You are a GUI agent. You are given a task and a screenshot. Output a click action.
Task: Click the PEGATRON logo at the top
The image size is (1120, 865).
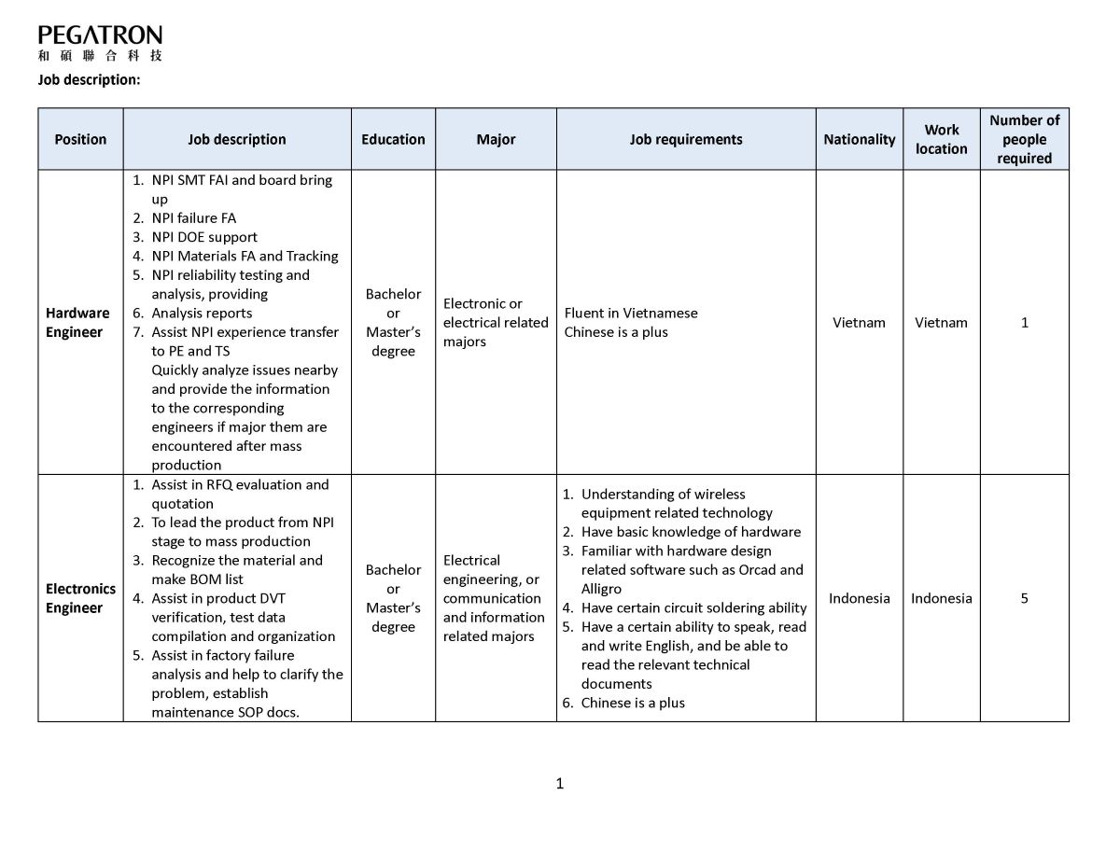coord(100,43)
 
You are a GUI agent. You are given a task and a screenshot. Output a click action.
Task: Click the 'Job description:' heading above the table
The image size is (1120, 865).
coord(89,79)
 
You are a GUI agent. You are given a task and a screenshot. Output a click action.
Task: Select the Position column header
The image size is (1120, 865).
coord(80,139)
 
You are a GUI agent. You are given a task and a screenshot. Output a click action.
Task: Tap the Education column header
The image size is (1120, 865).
coord(393,139)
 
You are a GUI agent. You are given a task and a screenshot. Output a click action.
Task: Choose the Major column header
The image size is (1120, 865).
coord(496,139)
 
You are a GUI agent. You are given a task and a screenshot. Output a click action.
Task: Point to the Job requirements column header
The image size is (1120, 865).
coord(686,139)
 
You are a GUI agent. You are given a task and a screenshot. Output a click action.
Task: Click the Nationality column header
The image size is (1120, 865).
coord(859,139)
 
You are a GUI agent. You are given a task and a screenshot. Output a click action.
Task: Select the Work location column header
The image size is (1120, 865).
coord(941,139)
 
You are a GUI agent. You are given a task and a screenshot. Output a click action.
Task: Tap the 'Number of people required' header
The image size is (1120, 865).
coord(1024,139)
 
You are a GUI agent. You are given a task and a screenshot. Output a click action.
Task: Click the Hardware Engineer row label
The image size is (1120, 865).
coord(77,322)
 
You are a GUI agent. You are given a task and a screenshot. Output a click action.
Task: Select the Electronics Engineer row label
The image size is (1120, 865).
coord(80,598)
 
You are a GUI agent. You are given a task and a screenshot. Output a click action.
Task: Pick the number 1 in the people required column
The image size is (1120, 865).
coord(1024,322)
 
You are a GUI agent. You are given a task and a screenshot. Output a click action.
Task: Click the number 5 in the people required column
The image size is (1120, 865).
coord(1024,598)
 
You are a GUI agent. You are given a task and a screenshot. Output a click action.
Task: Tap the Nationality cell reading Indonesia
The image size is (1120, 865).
coord(859,598)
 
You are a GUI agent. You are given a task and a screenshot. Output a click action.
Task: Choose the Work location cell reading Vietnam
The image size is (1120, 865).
coord(941,322)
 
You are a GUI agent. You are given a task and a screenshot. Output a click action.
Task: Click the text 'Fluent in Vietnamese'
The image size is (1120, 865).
coord(631,313)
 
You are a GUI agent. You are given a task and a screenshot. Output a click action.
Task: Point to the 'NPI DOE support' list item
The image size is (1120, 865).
coord(203,237)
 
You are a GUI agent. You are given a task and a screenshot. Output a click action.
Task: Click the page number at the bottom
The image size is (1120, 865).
coord(559,784)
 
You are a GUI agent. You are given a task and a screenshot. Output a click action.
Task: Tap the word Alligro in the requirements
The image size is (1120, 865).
coord(601,589)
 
